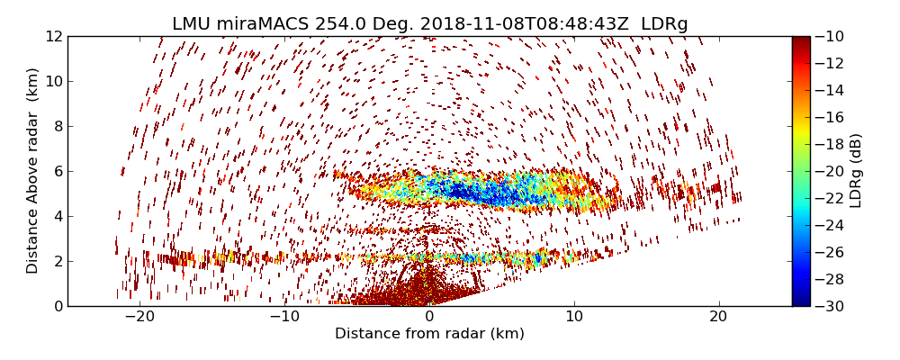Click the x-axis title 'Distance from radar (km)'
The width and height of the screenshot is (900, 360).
click(429, 334)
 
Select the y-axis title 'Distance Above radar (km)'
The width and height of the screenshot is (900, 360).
click(33, 170)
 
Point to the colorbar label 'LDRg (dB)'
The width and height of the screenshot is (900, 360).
click(856, 170)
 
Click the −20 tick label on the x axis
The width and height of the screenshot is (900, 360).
click(139, 317)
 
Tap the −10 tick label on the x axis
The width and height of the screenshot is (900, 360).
click(284, 317)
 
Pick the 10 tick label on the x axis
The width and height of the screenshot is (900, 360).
click(573, 317)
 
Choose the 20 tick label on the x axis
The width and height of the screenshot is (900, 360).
click(718, 317)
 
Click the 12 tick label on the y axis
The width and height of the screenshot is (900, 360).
click(53, 36)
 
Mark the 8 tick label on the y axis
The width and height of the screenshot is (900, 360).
click(57, 126)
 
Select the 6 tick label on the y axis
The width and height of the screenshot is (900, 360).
click(57, 171)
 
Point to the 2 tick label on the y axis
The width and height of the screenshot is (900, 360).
click(57, 261)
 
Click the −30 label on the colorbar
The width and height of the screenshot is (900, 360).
click(831, 306)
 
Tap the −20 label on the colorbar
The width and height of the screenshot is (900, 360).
click(831, 171)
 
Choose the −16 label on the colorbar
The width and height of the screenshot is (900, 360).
click(831, 117)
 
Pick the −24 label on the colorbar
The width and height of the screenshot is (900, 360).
click(831, 225)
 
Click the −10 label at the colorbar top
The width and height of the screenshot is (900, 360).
click(831, 36)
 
